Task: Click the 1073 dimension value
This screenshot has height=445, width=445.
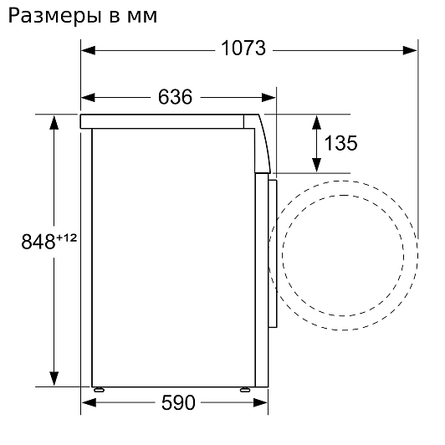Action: coord(243,48)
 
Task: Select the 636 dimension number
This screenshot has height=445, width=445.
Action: coord(175,97)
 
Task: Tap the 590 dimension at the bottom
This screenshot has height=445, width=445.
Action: coord(178,402)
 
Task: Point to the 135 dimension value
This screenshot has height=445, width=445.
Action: coord(340,143)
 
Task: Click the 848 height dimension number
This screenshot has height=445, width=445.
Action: coord(38,242)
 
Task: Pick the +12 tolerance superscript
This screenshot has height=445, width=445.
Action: coord(67,238)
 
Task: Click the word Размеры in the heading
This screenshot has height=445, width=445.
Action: coord(54,16)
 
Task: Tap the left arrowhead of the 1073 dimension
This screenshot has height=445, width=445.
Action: coord(88,51)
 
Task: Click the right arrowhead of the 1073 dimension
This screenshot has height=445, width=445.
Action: coord(410,51)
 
